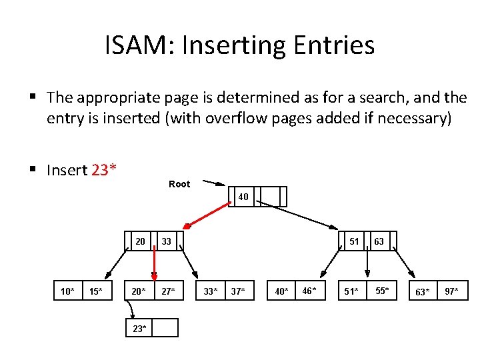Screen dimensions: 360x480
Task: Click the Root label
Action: click(x=179, y=184)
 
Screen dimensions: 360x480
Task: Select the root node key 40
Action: click(x=243, y=197)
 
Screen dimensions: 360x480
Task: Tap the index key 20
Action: click(x=141, y=241)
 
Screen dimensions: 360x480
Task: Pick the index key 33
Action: click(x=166, y=241)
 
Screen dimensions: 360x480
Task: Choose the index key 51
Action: click(x=354, y=241)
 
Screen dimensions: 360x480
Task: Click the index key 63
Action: click(x=379, y=241)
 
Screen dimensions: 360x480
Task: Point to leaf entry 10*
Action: click(x=67, y=291)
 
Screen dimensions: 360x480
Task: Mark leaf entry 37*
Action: click(x=238, y=291)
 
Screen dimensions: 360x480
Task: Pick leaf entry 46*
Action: click(x=309, y=291)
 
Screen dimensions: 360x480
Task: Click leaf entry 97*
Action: click(x=452, y=291)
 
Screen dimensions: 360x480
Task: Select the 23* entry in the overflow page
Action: click(x=139, y=328)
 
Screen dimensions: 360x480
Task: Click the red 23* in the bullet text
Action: click(x=105, y=170)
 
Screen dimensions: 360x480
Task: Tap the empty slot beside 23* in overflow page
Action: click(x=165, y=327)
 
